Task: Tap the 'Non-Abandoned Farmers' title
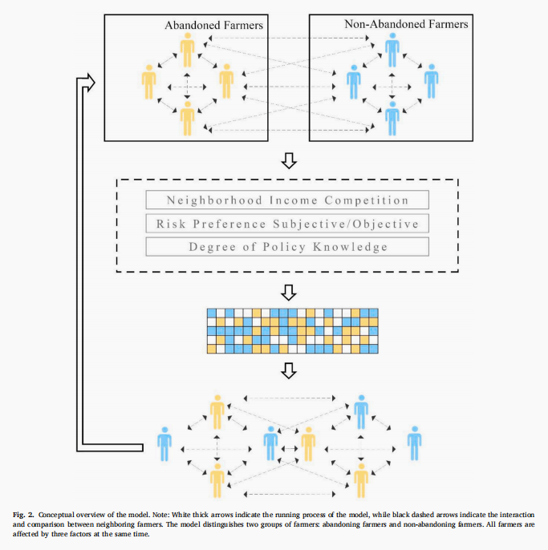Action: pos(406,24)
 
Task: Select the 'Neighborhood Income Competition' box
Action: pos(287,200)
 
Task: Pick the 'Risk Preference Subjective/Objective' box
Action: pos(287,224)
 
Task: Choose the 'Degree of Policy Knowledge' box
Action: pos(287,247)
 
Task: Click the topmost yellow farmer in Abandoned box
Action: pos(187,50)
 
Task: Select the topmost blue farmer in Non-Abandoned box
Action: pos(392,50)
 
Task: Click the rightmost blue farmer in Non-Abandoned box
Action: pos(432,80)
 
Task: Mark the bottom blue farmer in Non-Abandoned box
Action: pos(392,115)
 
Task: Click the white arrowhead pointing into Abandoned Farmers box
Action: pos(88,81)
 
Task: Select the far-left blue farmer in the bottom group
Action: pos(164,443)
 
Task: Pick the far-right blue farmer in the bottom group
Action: pos(414,443)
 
